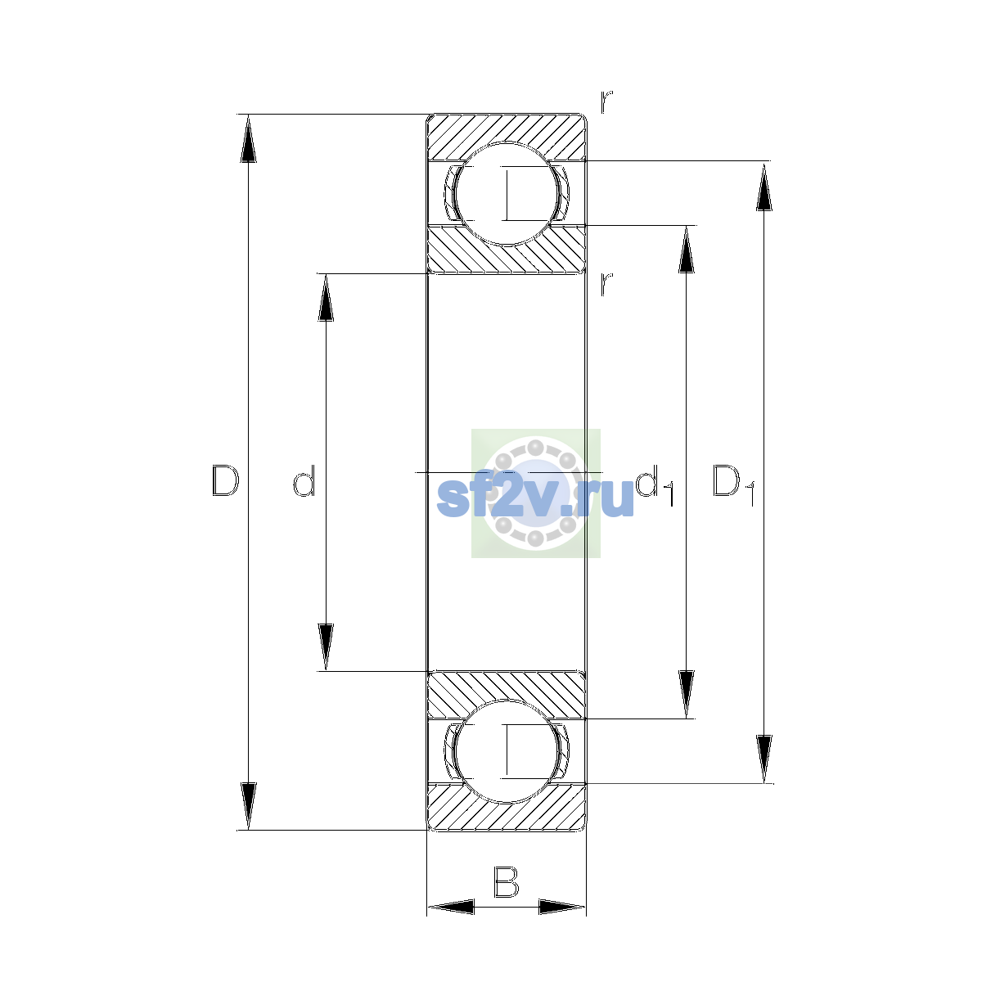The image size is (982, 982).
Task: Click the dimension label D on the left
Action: pos(225,480)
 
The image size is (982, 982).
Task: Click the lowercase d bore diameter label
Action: pos(304,480)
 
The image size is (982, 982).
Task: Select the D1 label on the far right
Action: pos(734,484)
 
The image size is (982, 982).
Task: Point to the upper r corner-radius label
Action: pos(606,102)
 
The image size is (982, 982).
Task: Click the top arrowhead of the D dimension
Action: pos(248,138)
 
